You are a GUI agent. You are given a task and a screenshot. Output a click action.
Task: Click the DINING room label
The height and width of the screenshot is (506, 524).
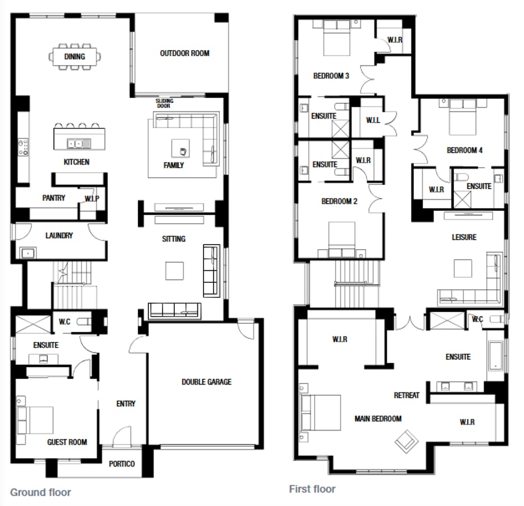pyautogui.click(x=75, y=56)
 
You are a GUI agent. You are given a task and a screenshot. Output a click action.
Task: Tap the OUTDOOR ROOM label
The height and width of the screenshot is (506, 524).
pyautogui.click(x=184, y=53)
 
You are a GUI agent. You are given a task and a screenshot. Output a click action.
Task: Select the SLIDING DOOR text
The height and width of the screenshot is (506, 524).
pyautogui.click(x=165, y=103)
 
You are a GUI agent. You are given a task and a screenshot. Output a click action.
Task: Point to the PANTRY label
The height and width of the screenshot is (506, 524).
pyautogui.click(x=53, y=198)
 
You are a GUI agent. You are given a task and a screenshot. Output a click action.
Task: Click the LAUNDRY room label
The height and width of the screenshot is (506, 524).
pyautogui.click(x=59, y=236)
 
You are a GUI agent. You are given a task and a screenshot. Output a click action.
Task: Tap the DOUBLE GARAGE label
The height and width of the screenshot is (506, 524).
pyautogui.click(x=206, y=382)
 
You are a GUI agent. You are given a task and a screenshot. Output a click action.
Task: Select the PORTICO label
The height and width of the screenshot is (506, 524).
pyautogui.click(x=122, y=464)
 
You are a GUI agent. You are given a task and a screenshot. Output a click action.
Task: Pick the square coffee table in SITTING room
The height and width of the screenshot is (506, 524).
pyautogui.click(x=174, y=270)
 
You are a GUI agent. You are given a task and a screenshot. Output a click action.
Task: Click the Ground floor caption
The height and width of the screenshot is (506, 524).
pyautogui.click(x=41, y=493)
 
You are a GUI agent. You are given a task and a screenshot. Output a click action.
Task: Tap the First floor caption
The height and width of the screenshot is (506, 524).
pyautogui.click(x=312, y=489)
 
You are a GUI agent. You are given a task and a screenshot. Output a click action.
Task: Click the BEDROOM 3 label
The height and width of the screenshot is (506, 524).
pyautogui.click(x=331, y=76)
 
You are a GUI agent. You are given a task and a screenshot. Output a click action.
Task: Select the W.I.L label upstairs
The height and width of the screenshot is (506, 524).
pyautogui.click(x=373, y=120)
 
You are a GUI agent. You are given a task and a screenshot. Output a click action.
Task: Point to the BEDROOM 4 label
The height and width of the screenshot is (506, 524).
pyautogui.click(x=464, y=150)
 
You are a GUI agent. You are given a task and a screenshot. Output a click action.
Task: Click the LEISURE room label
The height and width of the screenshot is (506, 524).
pyautogui.click(x=464, y=237)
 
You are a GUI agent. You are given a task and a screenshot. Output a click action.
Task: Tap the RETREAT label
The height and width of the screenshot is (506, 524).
pyautogui.click(x=406, y=395)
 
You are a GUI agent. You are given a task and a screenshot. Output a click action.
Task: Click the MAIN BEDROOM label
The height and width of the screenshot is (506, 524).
pyautogui.click(x=378, y=418)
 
